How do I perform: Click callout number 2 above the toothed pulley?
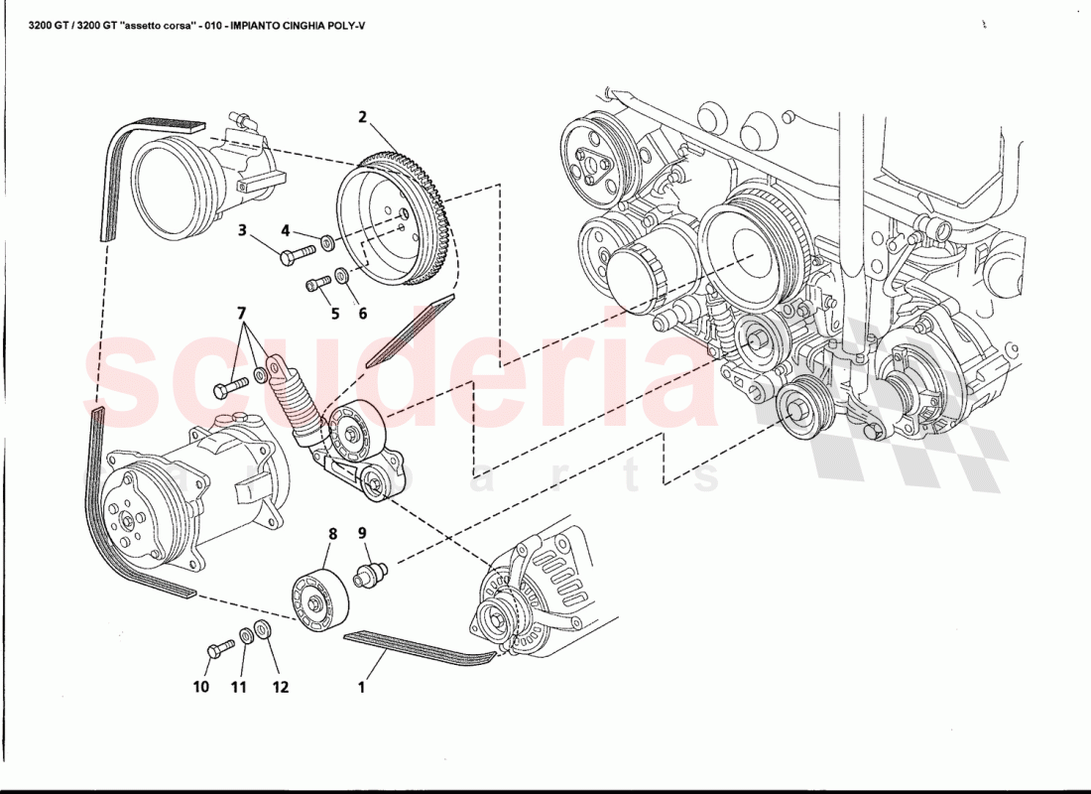click(x=363, y=117)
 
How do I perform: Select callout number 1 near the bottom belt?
click(x=362, y=686)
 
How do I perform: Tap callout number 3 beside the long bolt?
click(x=241, y=231)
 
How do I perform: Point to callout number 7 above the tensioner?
click(x=241, y=313)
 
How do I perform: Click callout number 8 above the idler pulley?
click(x=332, y=534)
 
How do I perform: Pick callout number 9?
click(x=362, y=534)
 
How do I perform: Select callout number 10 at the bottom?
click(x=201, y=686)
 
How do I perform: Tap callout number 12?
click(x=281, y=686)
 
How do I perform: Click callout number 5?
click(x=335, y=314)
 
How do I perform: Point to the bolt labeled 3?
click(x=298, y=254)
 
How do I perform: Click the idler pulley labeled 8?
click(x=317, y=601)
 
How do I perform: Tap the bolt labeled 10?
click(x=219, y=649)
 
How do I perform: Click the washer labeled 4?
click(x=327, y=244)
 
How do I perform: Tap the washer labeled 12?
click(x=264, y=628)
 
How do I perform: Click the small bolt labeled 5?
click(x=318, y=285)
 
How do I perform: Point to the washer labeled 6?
click(x=341, y=275)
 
